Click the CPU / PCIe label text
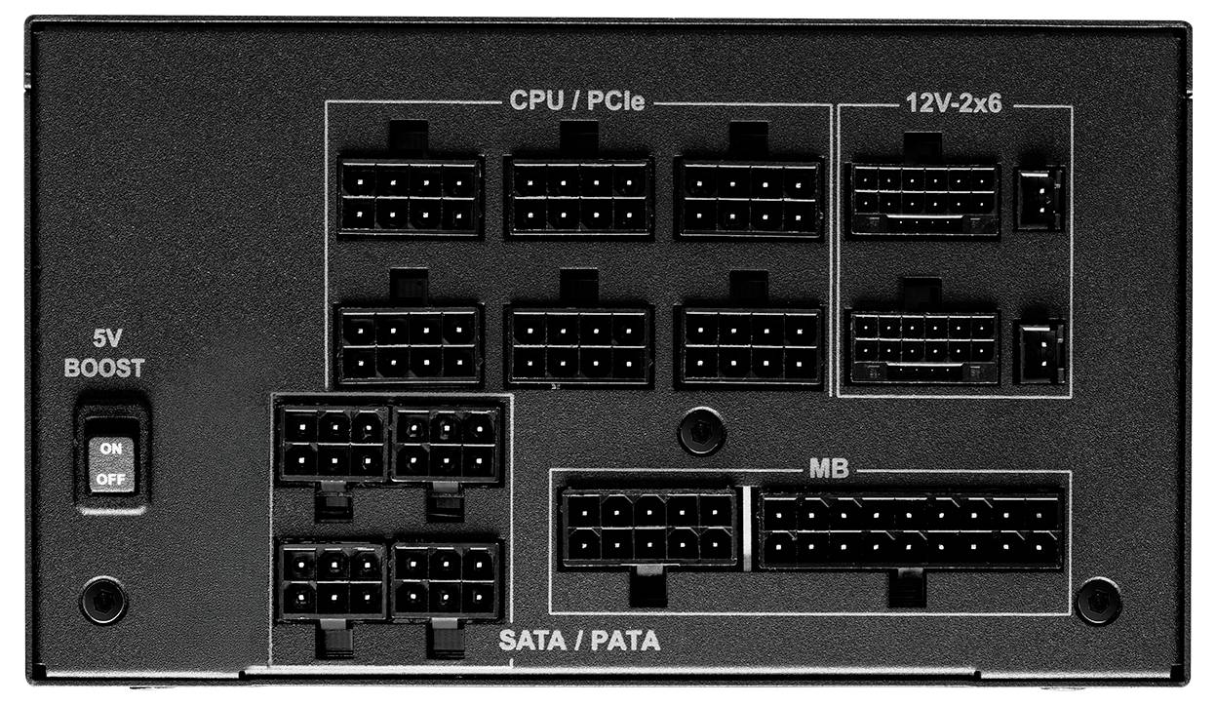coord(577,100)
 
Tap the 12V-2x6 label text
coord(954,103)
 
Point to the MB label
coord(829,468)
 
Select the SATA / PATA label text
coord(579,641)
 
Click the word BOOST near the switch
coord(104,368)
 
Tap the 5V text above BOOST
coord(107,338)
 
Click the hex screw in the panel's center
coord(701,431)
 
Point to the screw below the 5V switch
coord(103,601)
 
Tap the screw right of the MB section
coord(1098,602)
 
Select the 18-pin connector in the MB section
coord(911,530)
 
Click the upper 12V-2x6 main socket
coord(923,199)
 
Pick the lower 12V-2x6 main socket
coord(923,347)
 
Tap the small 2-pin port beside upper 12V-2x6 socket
coord(1039,199)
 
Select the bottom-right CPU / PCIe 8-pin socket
coord(750,346)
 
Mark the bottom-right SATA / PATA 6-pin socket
coord(446,581)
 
